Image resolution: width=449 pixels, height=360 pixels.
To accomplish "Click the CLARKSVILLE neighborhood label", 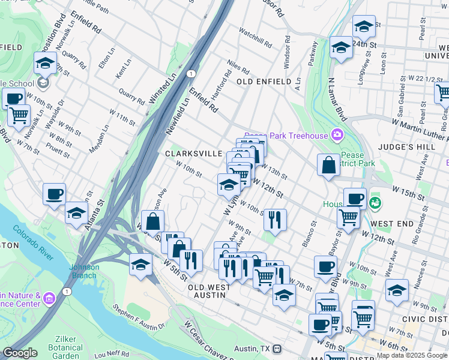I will [194, 154].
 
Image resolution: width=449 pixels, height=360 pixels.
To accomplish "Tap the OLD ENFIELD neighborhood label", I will [264, 81].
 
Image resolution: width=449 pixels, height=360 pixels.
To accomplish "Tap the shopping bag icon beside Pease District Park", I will [328, 166].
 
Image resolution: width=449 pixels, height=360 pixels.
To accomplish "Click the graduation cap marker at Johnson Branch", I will [140, 265].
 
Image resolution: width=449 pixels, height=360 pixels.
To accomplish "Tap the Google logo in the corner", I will [20, 353].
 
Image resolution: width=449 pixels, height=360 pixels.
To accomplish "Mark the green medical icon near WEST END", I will [376, 203].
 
